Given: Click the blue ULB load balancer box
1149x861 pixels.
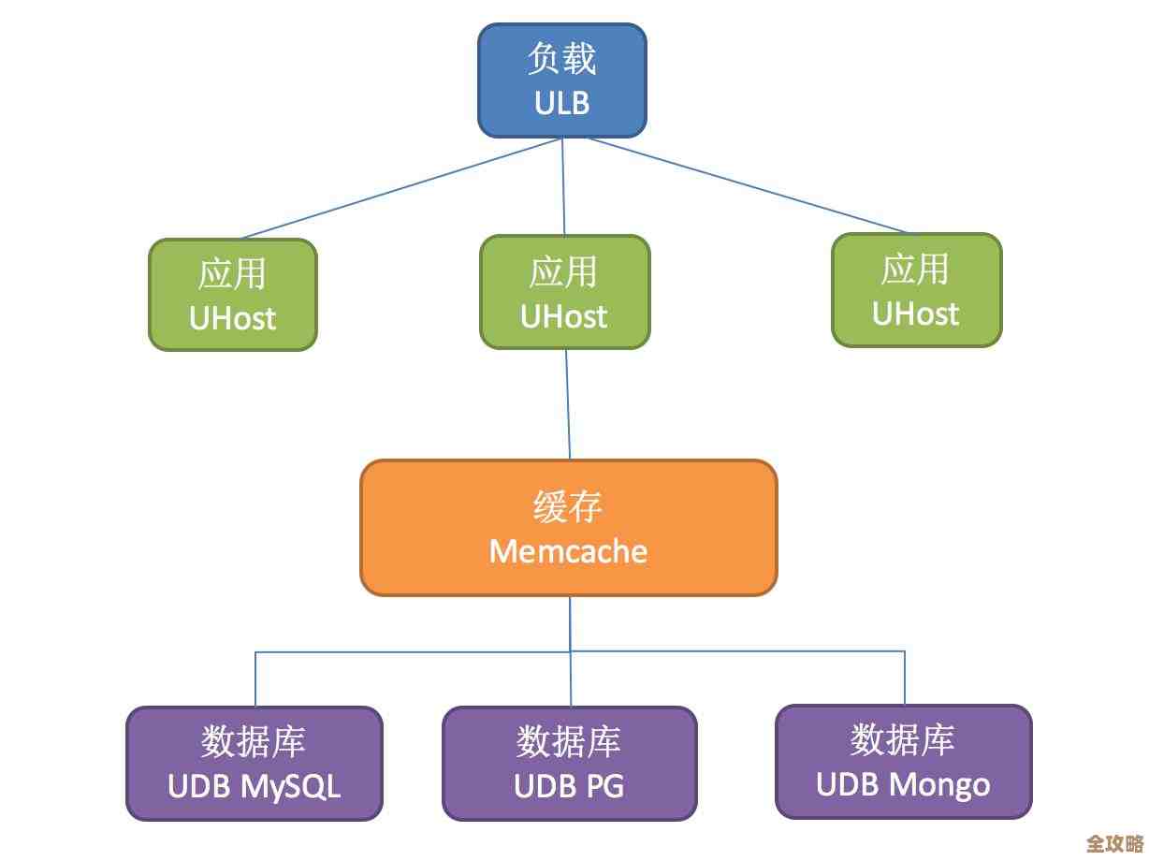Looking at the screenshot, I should pos(562,80).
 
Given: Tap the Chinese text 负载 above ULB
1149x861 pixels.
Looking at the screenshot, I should pos(562,59).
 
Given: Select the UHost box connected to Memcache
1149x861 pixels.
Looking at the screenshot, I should pos(564,292).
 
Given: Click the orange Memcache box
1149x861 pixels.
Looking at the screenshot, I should pos(568,528).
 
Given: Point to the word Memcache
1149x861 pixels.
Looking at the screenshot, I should pos(568,550).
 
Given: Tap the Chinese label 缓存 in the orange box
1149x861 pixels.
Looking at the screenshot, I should pos(568,507).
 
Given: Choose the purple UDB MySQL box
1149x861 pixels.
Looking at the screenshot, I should pos(254,764).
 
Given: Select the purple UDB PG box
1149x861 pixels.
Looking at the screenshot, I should pos(569,764).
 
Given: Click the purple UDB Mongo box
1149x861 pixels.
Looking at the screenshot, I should pos(903,761).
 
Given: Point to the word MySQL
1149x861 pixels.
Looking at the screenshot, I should pos(291,786).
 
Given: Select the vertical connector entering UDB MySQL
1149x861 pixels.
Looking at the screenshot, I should pos(255,679).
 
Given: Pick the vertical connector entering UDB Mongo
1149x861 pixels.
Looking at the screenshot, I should pos(905,678).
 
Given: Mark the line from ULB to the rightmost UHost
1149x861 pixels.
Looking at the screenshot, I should pos(749,185).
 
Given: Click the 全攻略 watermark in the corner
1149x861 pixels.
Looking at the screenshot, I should pos(1114,843).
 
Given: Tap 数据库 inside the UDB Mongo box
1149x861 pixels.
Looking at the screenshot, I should pos(903,739).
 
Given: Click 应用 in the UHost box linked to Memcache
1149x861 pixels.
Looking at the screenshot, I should pos(564,272).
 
